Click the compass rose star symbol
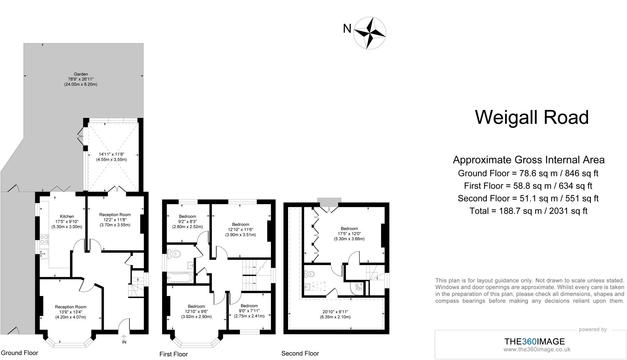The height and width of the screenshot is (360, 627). [x=370, y=33]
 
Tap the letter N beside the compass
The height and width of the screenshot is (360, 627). [x=347, y=29]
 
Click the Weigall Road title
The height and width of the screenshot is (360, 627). [x=532, y=118]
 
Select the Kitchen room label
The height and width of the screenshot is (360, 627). [x=67, y=216]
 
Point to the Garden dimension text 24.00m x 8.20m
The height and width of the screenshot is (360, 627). [x=81, y=84]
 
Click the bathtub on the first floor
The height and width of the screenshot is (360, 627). [x=180, y=278]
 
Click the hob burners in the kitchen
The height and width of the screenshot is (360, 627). [x=44, y=239]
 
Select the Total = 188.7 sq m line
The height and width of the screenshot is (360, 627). [x=528, y=211]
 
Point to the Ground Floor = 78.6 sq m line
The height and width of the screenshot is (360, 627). [x=528, y=173]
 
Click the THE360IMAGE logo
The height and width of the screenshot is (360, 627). [x=534, y=341]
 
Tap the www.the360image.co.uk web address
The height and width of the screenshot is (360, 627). [x=537, y=349]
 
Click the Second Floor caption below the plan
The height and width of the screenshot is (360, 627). [x=300, y=354]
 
